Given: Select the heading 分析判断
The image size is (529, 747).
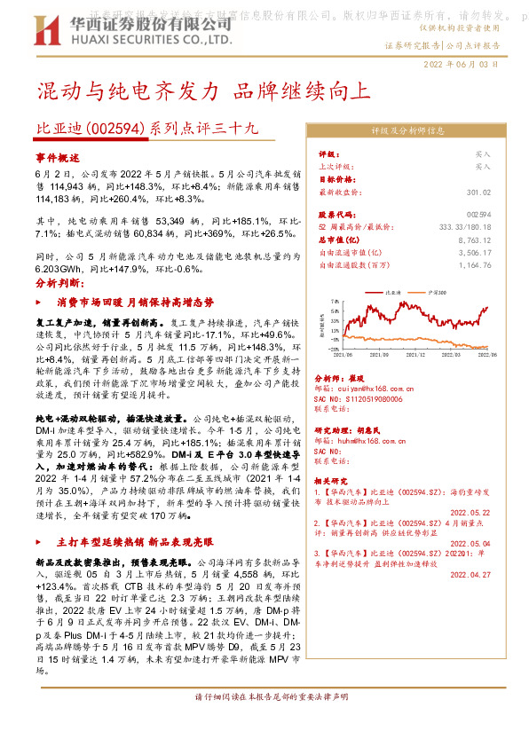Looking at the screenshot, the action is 58,283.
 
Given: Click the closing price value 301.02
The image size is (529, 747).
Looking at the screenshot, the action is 503,193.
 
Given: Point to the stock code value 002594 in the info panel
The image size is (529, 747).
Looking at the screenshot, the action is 503,216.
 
